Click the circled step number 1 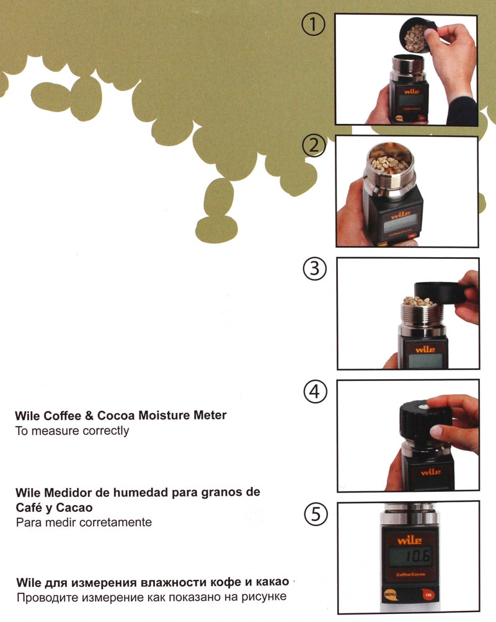coord(314,25)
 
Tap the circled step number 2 coord(314,146)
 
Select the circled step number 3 coord(314,269)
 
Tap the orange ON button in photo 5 coord(427,594)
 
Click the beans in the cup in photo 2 coord(389,163)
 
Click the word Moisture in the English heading coord(154,415)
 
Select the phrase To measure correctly coord(72,431)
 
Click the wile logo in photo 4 coord(430,472)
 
